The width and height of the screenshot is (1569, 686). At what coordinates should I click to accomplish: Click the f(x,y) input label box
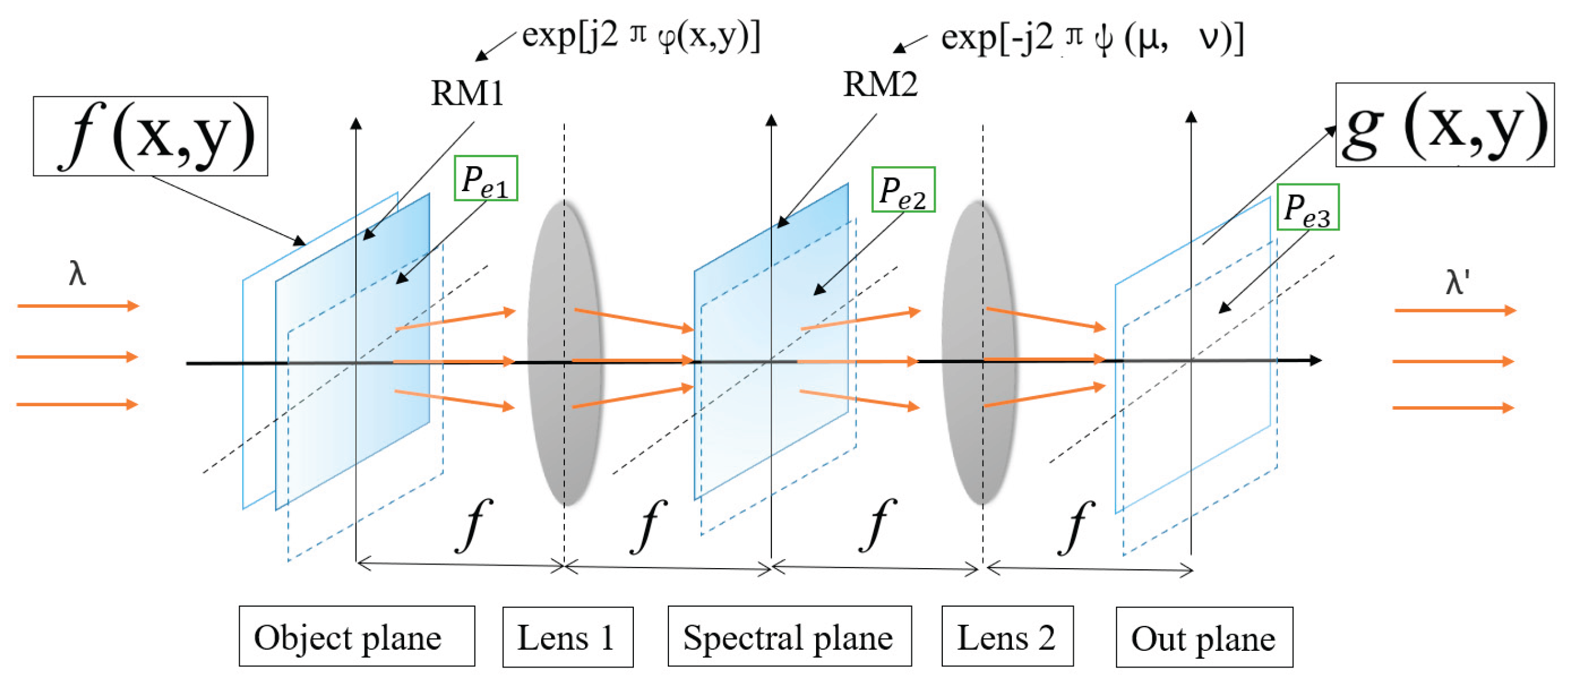150,136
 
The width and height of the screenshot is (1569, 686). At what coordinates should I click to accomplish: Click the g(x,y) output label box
1444,125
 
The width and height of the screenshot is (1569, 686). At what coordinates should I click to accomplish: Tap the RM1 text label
467,94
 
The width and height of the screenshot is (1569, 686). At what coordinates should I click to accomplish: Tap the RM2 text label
880,84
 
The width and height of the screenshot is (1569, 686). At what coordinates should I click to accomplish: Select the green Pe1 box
486,179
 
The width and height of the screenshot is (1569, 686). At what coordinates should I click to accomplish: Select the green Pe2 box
903,189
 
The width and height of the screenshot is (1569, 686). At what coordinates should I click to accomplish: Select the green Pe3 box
1307,207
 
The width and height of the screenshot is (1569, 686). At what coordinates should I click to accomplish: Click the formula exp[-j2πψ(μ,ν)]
1092,38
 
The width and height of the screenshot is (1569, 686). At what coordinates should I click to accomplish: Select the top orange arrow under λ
78,305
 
